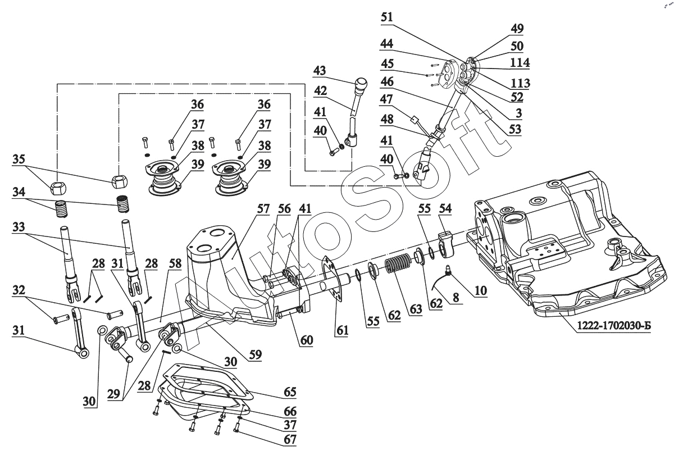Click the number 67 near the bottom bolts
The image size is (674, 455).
point(290,439)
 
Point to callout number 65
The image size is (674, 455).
point(290,391)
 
